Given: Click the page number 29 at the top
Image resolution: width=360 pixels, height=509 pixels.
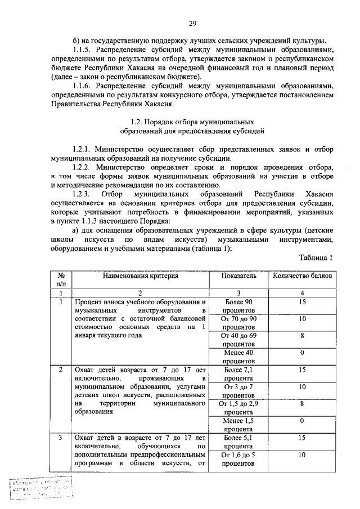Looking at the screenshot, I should point(192,23).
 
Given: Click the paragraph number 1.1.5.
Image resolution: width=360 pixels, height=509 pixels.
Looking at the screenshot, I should point(84,49).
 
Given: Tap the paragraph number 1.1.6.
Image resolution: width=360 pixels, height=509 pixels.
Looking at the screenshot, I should point(84,86).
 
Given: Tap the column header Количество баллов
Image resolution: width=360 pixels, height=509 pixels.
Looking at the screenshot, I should point(302,276).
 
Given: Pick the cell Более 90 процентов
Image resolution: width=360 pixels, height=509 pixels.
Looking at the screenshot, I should point(238,307).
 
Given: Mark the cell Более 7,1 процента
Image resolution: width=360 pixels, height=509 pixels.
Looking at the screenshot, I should point(238,373).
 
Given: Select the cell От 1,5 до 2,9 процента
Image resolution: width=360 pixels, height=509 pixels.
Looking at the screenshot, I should point(238,407).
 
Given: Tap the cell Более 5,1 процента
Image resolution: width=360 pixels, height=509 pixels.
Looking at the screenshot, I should point(238,441).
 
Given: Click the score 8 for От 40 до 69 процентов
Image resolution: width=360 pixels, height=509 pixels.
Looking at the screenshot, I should point(302,336).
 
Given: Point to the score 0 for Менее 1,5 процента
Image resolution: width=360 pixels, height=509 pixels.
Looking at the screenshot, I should point(302,420).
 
